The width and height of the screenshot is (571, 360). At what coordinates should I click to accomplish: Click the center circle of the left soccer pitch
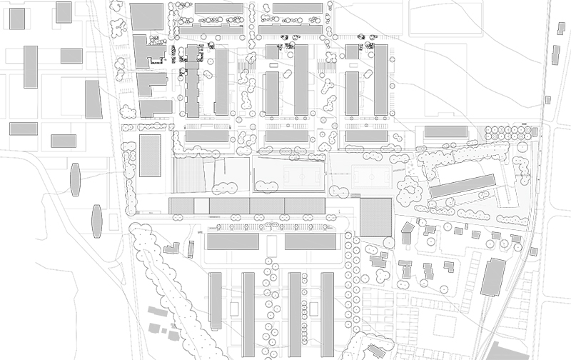[288, 176]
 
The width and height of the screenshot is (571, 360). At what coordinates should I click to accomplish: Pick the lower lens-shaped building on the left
[96, 221]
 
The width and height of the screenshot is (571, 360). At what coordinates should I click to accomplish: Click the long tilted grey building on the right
[463, 186]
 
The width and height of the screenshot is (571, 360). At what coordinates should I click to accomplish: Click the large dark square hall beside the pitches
[375, 216]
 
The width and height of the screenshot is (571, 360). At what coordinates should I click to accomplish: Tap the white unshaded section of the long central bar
[202, 206]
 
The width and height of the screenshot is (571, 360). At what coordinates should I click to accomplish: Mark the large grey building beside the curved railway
[492, 277]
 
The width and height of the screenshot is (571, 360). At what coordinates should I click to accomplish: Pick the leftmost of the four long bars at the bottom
[215, 300]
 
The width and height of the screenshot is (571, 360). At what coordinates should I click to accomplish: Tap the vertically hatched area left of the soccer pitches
[189, 175]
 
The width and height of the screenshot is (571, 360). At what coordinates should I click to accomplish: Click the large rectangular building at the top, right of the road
[148, 16]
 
